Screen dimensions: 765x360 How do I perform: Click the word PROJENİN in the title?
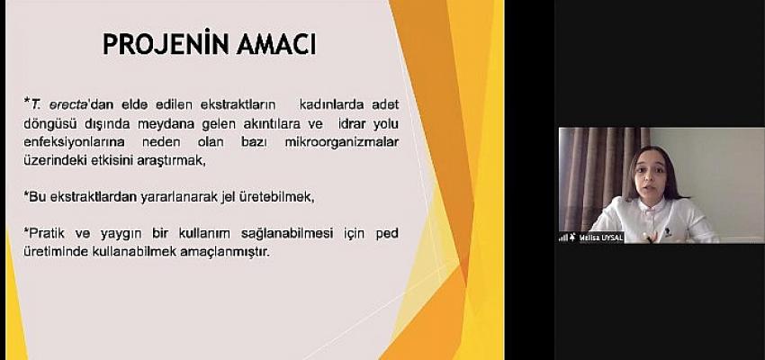pyautogui.click(x=166, y=44)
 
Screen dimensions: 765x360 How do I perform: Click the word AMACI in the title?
pyautogui.click(x=276, y=45)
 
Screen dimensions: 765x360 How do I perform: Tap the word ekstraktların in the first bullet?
pyautogui.click(x=238, y=103)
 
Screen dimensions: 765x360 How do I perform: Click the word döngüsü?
pyautogui.click(x=52, y=124)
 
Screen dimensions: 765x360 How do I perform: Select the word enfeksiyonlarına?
pyautogui.click(x=74, y=142)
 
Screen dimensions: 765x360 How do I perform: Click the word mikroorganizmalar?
pyautogui.click(x=341, y=142)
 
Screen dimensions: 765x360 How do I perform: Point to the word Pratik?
pyautogui.click(x=47, y=233)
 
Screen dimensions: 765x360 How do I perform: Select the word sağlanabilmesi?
pyautogui.click(x=287, y=234)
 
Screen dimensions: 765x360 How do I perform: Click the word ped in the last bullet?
pyautogui.click(x=387, y=234)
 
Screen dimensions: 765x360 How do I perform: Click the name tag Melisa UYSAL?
pyautogui.click(x=600, y=237)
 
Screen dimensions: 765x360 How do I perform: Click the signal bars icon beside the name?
pyautogui.click(x=563, y=238)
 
